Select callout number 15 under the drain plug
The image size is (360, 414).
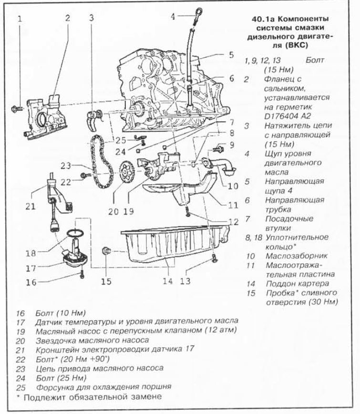point(106,281)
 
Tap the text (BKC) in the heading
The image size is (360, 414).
point(294,47)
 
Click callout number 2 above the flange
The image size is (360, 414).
point(68,18)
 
